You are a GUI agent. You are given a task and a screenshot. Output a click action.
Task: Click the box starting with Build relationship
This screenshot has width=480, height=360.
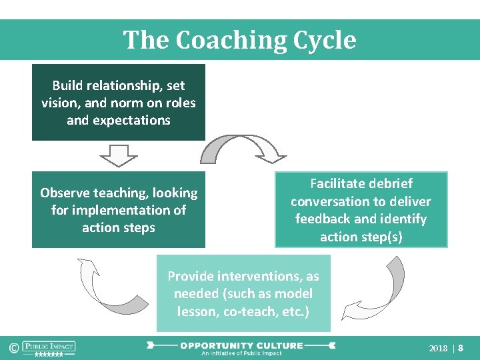(x=119, y=103)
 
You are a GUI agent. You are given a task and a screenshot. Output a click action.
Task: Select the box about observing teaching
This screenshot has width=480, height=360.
(x=119, y=210)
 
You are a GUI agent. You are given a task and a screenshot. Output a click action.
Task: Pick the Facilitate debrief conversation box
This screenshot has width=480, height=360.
(x=361, y=210)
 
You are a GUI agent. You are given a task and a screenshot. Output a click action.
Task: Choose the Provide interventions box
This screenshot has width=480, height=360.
(x=243, y=293)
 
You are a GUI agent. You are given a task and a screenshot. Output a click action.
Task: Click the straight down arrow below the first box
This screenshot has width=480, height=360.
(x=118, y=156)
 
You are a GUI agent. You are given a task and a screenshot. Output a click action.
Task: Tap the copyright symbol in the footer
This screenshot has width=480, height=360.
(x=13, y=347)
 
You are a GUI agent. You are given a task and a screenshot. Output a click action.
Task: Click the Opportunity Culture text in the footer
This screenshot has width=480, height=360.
(x=241, y=345)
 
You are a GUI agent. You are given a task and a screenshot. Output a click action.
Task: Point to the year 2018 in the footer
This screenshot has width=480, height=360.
(x=438, y=348)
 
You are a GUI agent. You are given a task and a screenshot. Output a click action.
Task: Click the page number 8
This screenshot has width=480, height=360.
(x=461, y=348)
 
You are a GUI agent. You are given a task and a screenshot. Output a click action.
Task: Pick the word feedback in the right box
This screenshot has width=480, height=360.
(x=322, y=219)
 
